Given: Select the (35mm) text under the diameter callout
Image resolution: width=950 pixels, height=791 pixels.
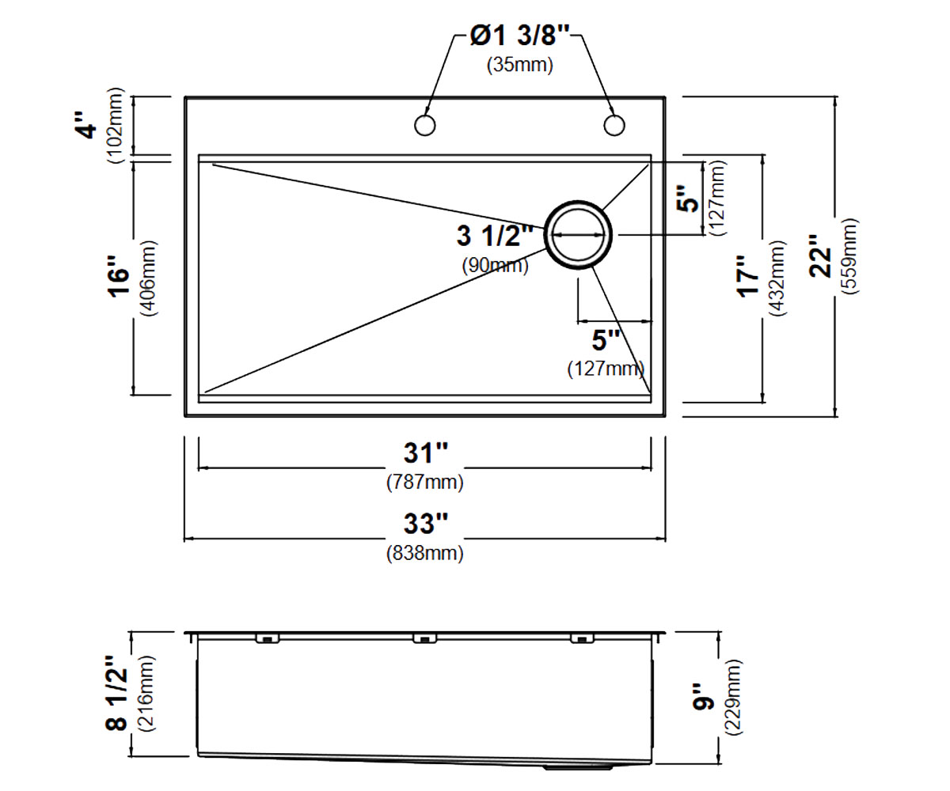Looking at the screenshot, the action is (x=519, y=65).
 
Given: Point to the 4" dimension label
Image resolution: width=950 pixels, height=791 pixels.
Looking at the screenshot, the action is (x=86, y=125).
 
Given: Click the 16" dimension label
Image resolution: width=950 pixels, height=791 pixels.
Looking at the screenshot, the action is (x=118, y=278).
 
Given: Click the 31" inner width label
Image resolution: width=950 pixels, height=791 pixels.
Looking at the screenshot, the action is (x=425, y=452).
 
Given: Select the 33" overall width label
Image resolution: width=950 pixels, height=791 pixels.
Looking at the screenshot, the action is (x=425, y=523).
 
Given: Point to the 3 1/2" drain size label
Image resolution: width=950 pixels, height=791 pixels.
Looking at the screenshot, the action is (x=495, y=236).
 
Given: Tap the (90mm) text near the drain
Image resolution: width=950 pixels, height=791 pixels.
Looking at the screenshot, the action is (x=495, y=265).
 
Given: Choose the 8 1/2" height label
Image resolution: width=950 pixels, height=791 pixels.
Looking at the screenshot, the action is (x=116, y=694).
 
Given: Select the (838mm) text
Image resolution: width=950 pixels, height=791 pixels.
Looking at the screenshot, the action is (x=425, y=553).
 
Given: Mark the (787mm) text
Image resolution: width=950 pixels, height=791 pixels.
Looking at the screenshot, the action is (x=425, y=482).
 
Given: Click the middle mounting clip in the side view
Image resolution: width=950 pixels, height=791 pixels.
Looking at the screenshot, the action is (x=424, y=638).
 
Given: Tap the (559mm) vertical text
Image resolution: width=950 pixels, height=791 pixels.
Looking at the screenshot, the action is (x=849, y=256).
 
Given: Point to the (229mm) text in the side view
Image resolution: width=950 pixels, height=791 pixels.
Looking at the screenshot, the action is (x=734, y=697).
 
